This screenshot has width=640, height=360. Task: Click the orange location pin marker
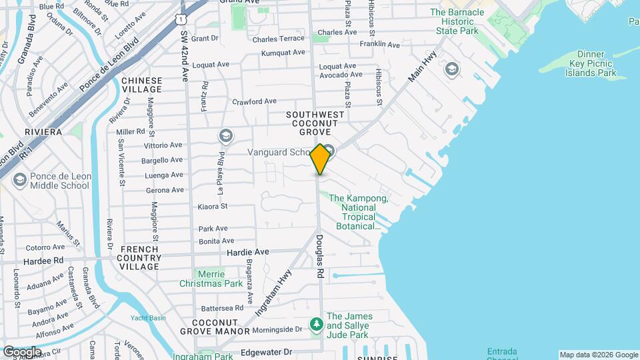coord(321,159)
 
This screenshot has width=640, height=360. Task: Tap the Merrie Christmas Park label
coord(211,279)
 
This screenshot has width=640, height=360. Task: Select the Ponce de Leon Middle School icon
coord(19,180)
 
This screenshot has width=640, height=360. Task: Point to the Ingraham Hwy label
coord(274,292)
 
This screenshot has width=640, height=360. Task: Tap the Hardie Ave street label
coord(247,252)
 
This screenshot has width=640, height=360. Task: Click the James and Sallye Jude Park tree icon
coord(317,325)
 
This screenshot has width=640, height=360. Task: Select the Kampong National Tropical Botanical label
coord(359,212)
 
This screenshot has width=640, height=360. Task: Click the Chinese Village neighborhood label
coord(141,85)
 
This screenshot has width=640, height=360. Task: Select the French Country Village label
coord(139,257)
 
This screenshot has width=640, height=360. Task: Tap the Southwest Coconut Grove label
coord(315,123)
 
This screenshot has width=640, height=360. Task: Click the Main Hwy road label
coord(422,67)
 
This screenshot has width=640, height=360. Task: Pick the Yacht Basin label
coord(148,318)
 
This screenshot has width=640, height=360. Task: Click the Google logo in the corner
coord(22,351)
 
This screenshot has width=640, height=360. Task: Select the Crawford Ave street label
coord(254,101)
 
